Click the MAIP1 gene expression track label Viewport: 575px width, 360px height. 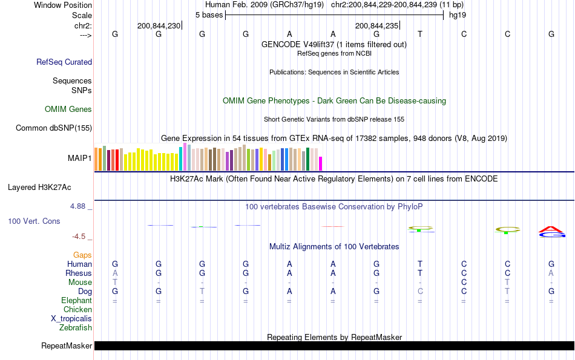79,158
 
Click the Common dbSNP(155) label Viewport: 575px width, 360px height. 54,128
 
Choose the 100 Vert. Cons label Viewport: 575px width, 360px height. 34,221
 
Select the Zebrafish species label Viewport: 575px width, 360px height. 76,327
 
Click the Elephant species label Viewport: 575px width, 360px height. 76,300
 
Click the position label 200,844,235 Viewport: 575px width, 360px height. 376,25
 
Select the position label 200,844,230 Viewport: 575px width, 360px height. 159,25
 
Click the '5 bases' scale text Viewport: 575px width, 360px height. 209,14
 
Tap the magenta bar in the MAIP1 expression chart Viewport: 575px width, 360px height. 321,163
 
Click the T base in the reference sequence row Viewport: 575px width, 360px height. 420,34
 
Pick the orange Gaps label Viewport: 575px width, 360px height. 82,255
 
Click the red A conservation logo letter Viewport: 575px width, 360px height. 551,229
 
